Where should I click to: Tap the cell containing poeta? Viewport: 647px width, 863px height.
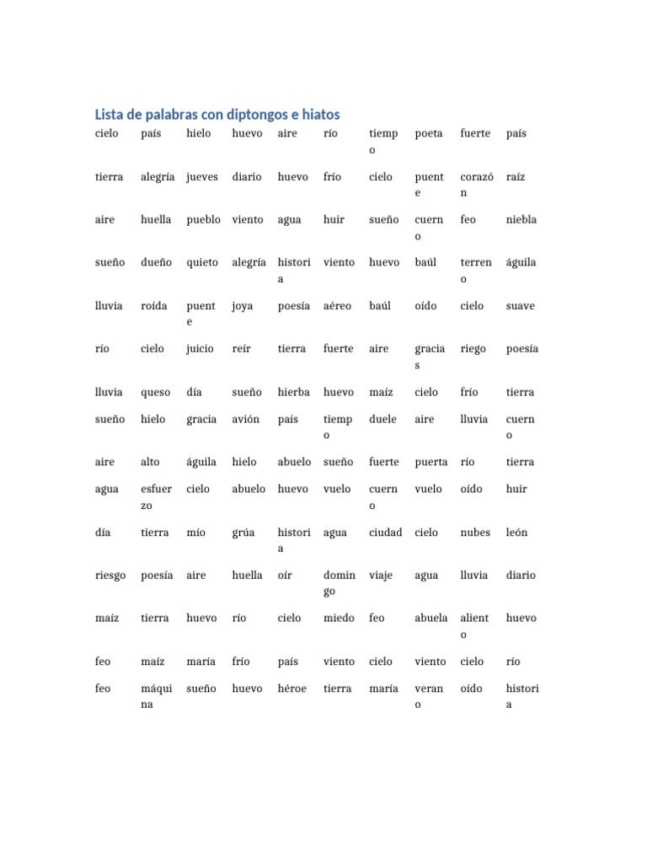click(429, 134)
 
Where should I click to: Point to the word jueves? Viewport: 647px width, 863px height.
click(202, 177)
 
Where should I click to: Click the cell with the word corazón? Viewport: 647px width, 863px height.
click(476, 185)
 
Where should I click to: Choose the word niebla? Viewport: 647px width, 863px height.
click(521, 220)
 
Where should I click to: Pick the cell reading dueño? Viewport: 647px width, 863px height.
click(157, 263)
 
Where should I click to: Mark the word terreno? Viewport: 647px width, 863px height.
click(476, 271)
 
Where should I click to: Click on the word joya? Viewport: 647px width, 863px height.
click(243, 306)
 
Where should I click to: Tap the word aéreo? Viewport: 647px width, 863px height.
click(337, 306)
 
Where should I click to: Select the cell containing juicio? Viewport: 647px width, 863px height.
click(201, 349)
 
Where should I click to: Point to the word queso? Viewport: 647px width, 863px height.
click(156, 392)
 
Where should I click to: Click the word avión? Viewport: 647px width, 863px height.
click(246, 419)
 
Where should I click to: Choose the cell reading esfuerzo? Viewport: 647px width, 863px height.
click(156, 497)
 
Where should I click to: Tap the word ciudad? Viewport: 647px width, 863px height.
click(386, 533)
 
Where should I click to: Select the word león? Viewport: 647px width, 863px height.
click(517, 533)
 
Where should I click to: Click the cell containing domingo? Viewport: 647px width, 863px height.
click(340, 583)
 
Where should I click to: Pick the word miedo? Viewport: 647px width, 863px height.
click(340, 619)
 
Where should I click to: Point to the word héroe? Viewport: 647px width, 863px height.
click(292, 689)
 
